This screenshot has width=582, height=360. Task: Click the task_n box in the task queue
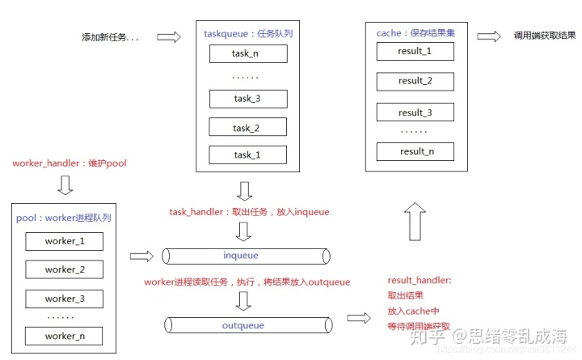click(x=247, y=54)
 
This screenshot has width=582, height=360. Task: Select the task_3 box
click(x=247, y=100)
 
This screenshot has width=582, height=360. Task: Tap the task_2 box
click(x=247, y=128)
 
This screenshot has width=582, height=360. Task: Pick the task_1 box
click(x=247, y=155)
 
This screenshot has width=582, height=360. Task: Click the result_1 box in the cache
click(x=415, y=51)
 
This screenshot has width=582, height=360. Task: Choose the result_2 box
click(x=415, y=81)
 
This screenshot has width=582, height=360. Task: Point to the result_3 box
click(x=415, y=112)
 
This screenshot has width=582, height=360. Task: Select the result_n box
click(x=415, y=151)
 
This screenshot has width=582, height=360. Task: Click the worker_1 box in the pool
click(x=65, y=241)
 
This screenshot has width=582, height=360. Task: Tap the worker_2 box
click(x=65, y=269)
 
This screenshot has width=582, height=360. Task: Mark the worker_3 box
click(x=65, y=299)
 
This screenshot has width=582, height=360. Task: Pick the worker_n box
click(x=65, y=336)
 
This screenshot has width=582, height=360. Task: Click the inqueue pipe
click(x=246, y=256)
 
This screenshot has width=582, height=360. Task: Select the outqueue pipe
click(x=246, y=325)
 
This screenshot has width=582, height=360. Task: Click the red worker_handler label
click(x=69, y=163)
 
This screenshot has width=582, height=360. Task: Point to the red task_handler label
click(x=249, y=212)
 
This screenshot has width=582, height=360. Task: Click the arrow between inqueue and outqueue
click(x=245, y=302)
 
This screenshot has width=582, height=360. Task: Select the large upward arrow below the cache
click(x=415, y=219)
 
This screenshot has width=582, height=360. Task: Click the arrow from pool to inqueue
click(x=141, y=256)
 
